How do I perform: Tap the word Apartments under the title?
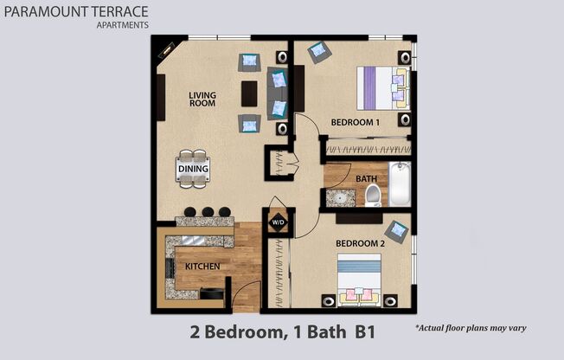coord(122,25)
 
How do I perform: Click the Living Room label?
coord(202,99)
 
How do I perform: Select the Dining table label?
coord(193,169)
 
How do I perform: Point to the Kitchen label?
coord(202,266)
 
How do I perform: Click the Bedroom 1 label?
coord(356,123)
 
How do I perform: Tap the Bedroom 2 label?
coord(359,244)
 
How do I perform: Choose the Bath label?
coord(367,179)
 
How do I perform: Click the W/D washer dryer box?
coord(278,222)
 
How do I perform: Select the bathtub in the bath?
coord(399,183)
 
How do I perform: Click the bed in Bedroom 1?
coord(382,87)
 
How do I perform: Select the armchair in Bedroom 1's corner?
coord(318,51)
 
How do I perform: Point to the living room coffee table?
coord(250,93)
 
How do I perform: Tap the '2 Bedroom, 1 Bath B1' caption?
coord(281,331)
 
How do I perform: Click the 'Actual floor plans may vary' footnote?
coord(471,328)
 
